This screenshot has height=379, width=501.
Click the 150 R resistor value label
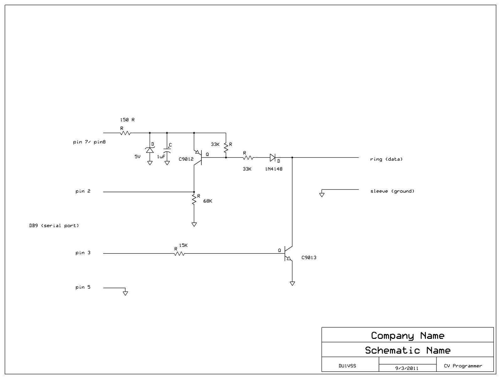[x=127, y=120]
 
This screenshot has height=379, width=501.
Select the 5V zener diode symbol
[x=150, y=150]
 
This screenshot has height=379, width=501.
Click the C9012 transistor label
[x=186, y=159]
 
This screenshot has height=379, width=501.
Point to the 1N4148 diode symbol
[x=272, y=157]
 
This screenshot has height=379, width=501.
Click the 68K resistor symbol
[x=194, y=199]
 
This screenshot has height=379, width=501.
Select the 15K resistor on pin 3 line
[x=179, y=253]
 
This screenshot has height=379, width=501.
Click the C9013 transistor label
[x=309, y=258]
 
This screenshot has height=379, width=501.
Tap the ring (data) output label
[x=386, y=159]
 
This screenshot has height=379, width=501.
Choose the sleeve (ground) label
[x=392, y=191]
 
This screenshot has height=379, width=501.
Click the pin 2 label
[x=83, y=191]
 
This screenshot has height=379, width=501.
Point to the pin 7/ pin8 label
[x=89, y=142]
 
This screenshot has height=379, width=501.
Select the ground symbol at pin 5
[x=125, y=293]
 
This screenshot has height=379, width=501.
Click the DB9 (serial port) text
[x=54, y=226]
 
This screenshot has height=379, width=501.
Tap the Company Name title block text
[x=407, y=335]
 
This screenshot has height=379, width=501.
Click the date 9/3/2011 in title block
[x=407, y=368]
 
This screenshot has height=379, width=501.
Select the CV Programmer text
[x=463, y=366]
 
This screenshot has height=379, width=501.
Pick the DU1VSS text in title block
[x=347, y=366]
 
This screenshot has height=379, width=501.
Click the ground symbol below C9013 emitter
[x=292, y=283]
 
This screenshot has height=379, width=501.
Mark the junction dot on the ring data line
[x=292, y=157]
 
